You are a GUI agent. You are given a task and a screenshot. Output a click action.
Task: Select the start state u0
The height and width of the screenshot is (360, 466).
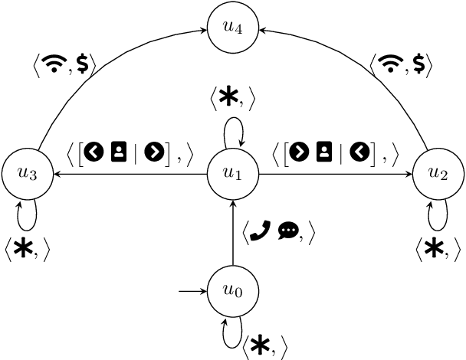click(x=233, y=292)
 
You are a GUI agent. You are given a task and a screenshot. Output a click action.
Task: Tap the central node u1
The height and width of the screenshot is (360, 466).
click(x=233, y=174)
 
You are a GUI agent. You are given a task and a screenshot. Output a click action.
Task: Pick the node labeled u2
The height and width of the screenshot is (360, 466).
click(x=438, y=174)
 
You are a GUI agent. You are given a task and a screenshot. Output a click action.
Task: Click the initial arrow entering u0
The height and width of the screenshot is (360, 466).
click(x=192, y=292)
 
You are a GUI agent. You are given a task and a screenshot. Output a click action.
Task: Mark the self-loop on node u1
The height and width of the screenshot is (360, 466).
click(x=233, y=135)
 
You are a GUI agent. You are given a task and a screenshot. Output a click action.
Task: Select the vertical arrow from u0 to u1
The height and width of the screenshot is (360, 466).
click(x=233, y=234)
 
